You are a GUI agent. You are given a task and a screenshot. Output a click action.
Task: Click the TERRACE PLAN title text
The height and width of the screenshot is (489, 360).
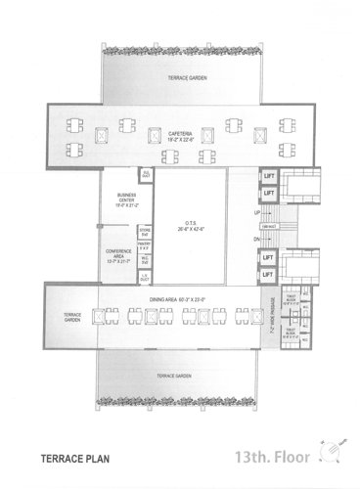73,456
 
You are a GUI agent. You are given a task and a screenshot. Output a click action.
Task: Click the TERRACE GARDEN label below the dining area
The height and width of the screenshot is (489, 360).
182,374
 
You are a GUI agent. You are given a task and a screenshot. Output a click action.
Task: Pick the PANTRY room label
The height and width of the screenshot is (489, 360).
145,245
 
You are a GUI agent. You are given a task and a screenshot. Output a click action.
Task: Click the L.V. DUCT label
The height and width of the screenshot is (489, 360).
145,278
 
